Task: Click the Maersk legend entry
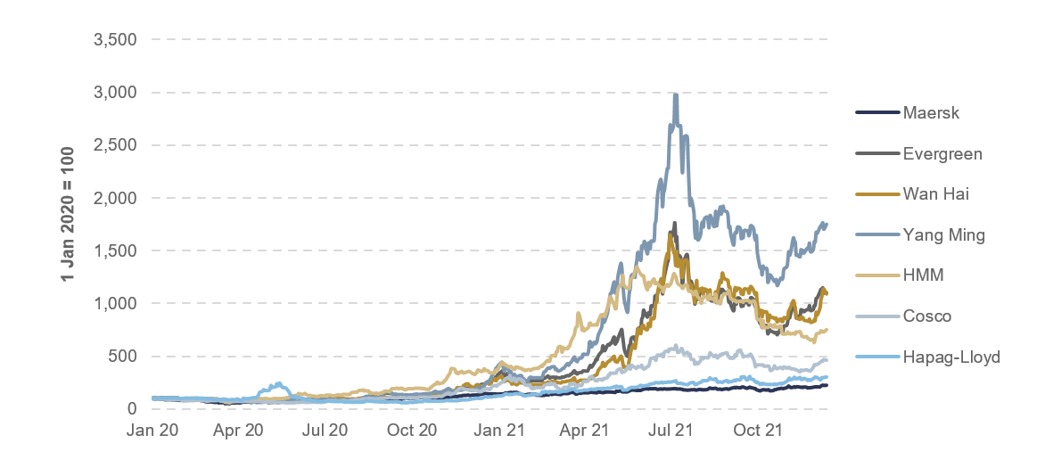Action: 926,113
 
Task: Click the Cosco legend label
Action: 926,316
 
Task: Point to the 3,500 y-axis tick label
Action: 115,40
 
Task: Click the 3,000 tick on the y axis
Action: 115,93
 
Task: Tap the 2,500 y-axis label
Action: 115,145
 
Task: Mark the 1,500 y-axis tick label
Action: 115,250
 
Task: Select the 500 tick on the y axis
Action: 122,357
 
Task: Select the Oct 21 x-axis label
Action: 759,431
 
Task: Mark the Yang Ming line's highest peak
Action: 676,94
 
